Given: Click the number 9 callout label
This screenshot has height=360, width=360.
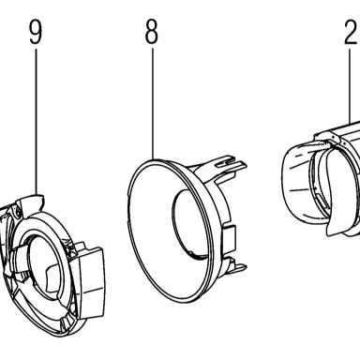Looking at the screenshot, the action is coord(36,33).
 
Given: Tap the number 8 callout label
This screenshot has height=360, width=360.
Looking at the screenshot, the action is coord(152,33).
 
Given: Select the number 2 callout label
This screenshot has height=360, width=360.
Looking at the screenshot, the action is coord(352,33).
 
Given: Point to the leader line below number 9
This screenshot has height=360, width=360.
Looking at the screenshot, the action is coord(36,120).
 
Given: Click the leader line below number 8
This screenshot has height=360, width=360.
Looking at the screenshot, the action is coord(153,103).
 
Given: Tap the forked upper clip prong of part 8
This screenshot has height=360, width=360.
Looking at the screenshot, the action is coord(230,164).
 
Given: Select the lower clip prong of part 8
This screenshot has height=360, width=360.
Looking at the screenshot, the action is coord(237,266).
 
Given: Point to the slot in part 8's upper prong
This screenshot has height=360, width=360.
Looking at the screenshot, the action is coord(227,162).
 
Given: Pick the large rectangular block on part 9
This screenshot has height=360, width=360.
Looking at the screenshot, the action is coord(91,283).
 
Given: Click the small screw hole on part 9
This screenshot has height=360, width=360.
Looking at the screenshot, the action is coord(18,213).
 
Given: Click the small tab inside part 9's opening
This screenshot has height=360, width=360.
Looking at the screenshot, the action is coord(53,277).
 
